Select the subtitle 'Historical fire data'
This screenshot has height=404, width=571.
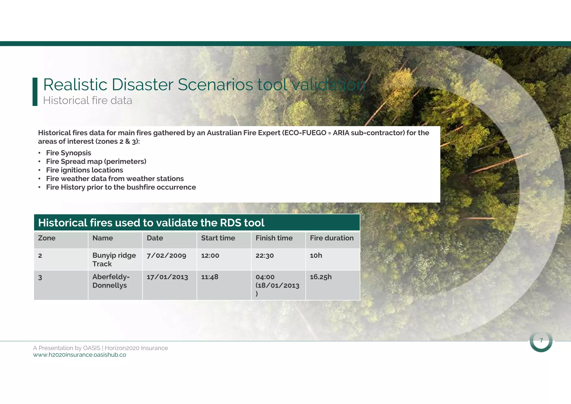pyautogui.click(x=88, y=100)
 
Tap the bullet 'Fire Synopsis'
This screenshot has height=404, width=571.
pyautogui.click(x=69, y=153)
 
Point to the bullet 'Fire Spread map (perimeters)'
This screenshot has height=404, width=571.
pyautogui.click(x=96, y=162)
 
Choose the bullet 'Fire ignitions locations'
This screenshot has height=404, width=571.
pyautogui.click(x=84, y=170)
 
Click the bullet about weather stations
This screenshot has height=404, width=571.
pyautogui.click(x=115, y=179)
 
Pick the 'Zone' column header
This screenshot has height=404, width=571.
pyautogui.click(x=47, y=238)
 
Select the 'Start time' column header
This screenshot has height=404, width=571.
pyautogui.click(x=218, y=238)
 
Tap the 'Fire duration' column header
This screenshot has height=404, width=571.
pyautogui.click(x=332, y=238)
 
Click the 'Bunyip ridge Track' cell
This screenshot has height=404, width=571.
pyautogui.click(x=114, y=259)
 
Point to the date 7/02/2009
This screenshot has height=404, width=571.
pyautogui.click(x=166, y=256)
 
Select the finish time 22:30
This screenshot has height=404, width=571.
pyautogui.click(x=265, y=256)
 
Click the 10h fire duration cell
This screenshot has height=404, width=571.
pyautogui.click(x=316, y=256)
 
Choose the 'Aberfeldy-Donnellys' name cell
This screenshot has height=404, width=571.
pyautogui.click(x=111, y=281)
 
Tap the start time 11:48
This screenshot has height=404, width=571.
pyautogui.click(x=210, y=277)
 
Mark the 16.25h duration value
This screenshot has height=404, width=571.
pyautogui.click(x=321, y=277)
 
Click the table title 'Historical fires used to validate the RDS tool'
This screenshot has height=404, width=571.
pyautogui.click(x=151, y=223)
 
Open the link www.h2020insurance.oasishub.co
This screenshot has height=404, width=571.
pyautogui.click(x=79, y=355)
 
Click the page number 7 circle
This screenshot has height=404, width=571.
pyautogui.click(x=541, y=341)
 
